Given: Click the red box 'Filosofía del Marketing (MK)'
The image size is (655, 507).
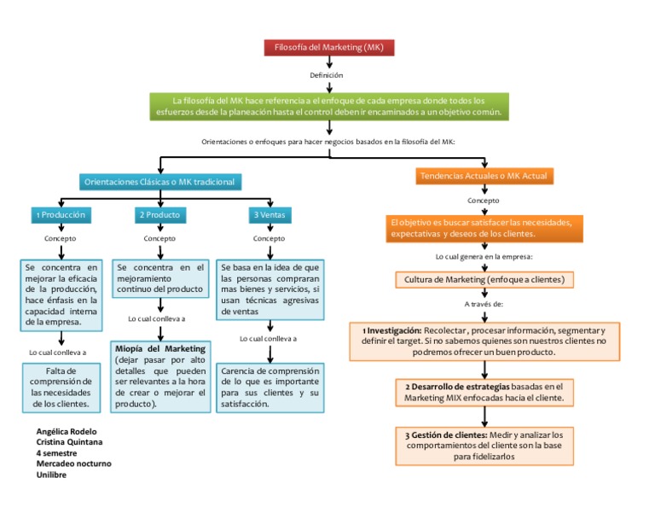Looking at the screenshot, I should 329,48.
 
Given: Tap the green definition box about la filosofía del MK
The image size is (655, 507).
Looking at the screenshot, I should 329,106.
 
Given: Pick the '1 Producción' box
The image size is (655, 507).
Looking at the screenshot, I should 59,214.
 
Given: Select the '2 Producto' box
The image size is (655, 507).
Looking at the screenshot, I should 159,214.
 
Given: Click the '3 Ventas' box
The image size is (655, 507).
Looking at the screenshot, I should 269,214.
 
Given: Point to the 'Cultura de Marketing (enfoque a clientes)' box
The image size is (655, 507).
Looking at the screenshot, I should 484,279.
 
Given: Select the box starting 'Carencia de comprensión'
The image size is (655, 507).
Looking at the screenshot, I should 270,387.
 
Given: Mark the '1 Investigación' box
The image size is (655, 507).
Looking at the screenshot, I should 484,341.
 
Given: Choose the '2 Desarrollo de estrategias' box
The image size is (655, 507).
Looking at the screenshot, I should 484,392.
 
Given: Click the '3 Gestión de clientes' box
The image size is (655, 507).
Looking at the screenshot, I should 484,445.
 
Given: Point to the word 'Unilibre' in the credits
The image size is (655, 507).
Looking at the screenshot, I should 52,475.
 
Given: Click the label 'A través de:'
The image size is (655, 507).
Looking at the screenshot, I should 484,303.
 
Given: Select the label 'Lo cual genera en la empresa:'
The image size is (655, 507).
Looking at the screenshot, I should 484,256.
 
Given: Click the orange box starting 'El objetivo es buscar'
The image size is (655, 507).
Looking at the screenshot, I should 484,227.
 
